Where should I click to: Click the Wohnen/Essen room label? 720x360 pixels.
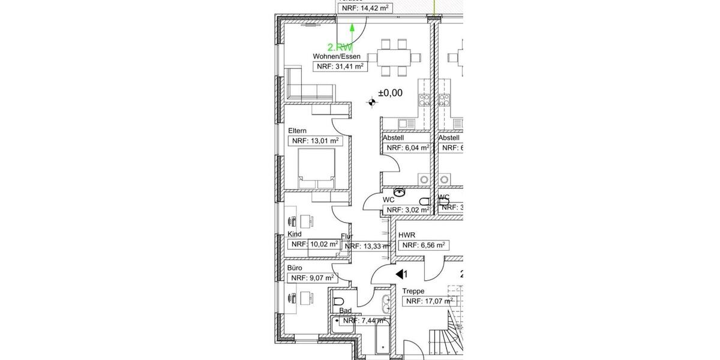pos(337,56)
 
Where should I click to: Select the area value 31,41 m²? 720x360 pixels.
pos(340,67)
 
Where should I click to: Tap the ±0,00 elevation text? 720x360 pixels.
pos(390,93)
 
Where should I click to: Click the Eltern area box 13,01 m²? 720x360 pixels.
pos(314,141)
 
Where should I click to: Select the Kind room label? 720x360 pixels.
pos(295,234)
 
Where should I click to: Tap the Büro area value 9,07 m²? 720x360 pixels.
pos(313,278)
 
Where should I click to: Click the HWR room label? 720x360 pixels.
pos(410,235)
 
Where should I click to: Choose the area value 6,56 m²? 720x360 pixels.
pos(424,245)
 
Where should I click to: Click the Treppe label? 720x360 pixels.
pos(413,291)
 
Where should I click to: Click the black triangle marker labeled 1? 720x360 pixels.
pos(399,274)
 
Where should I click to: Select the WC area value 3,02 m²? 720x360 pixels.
pos(407,210)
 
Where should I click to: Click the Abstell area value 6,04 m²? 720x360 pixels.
pos(407,148)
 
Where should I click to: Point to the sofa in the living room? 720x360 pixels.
pos(309,89)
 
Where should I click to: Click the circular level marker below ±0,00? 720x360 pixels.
pos(372,104)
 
